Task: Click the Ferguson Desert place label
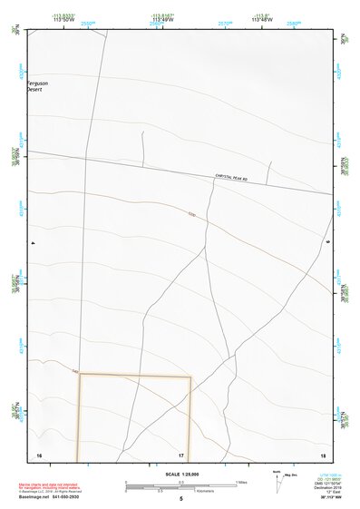[x=38, y=87]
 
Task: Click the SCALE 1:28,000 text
[x=180, y=474]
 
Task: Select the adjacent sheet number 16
[x=39, y=455]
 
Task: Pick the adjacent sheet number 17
[x=181, y=455]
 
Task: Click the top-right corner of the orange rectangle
[x=190, y=377]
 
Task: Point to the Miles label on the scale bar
[x=242, y=482]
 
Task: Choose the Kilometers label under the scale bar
[x=190, y=493]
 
